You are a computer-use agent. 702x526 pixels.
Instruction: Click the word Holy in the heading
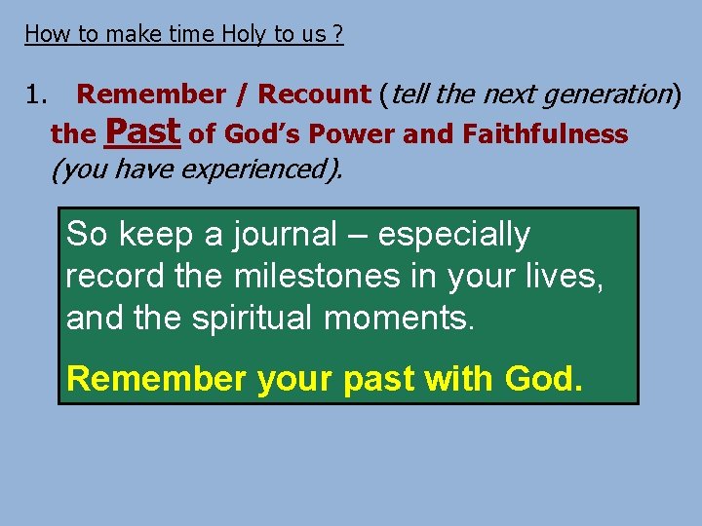coord(246,34)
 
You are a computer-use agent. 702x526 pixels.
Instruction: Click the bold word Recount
coord(314,94)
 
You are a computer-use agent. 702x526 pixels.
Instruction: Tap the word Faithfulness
coord(545,133)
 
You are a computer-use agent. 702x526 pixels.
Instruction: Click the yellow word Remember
coord(156,379)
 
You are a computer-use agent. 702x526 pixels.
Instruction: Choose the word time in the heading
coord(191,34)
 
